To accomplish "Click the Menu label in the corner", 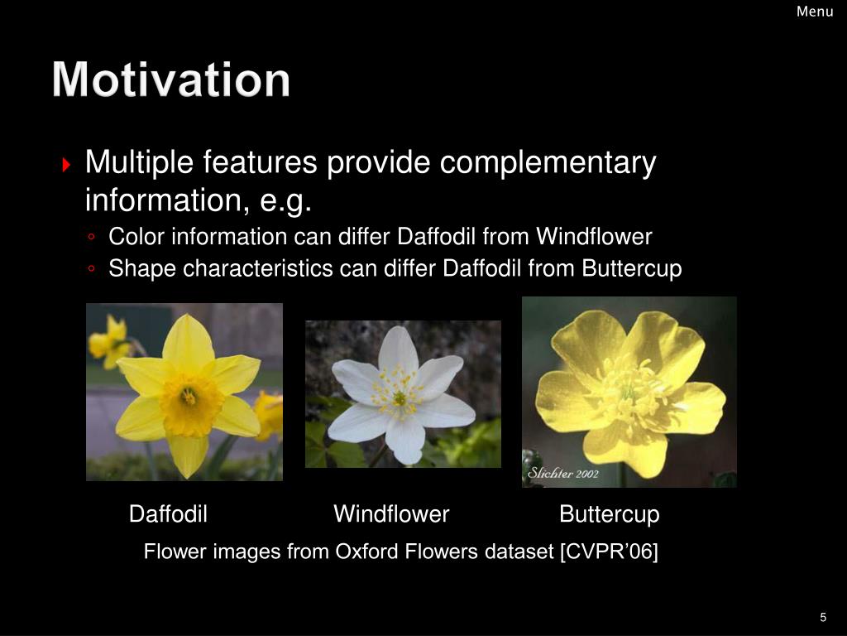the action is coord(815,12).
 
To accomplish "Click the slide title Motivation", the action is coord(171,79).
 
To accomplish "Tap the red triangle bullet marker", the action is coord(66,165).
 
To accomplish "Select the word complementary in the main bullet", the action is coord(548,162).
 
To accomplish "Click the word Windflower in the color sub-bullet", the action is coord(594,236).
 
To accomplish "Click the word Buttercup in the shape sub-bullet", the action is coord(631,269).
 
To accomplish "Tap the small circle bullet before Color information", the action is coord(91,236).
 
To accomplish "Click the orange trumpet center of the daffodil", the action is coord(189,403).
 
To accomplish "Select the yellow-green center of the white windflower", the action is coord(400,398).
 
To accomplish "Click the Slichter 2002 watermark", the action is coord(563,473).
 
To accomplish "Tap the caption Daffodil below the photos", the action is coord(168,513).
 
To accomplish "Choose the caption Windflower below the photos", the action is coord(391,513).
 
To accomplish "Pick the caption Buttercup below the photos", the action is coord(610,514).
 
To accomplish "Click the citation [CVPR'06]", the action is coord(609,552).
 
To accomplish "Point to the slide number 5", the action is coord(823,617).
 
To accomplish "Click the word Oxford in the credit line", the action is coord(367,552).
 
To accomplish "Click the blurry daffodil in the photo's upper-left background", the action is coord(111,341).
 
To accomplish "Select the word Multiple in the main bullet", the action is coord(139,162).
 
